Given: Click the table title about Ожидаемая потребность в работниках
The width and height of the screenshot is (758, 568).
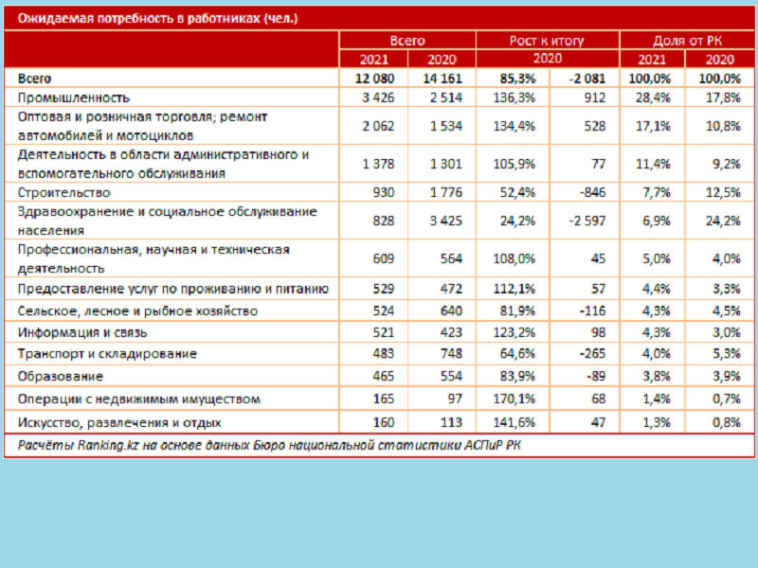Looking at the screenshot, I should [157, 18].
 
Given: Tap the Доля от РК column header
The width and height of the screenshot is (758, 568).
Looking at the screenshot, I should [687, 41].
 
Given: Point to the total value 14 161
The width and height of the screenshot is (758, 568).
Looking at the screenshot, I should [442, 79].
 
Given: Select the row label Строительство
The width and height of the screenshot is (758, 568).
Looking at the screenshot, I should [63, 192].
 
